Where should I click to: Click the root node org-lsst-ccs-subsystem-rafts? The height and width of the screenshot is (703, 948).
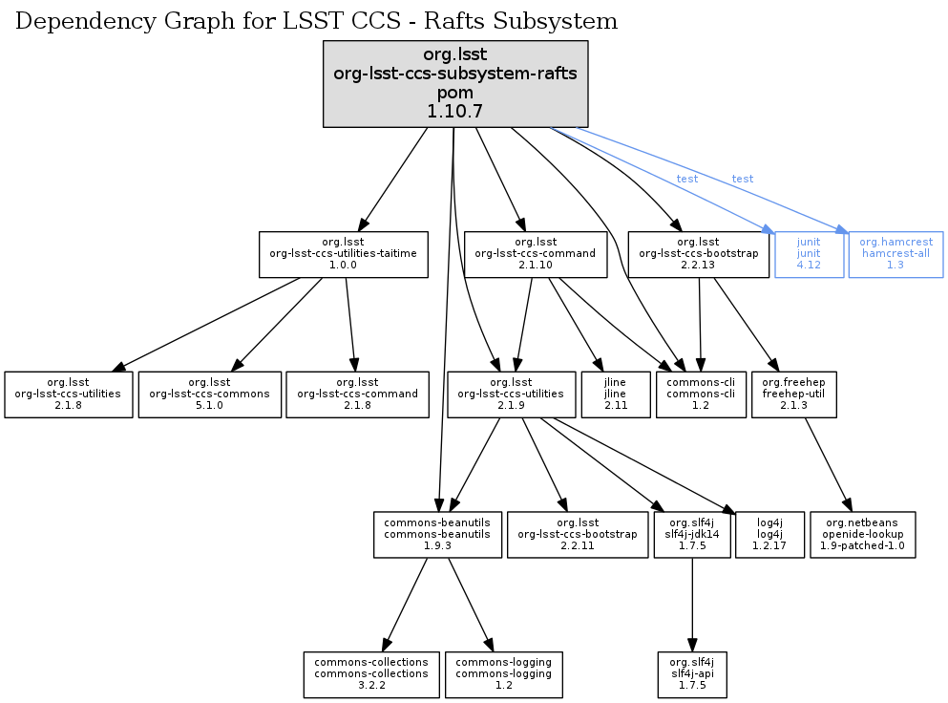pyautogui.click(x=454, y=84)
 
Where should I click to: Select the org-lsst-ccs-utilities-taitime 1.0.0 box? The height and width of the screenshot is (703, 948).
pyautogui.click(x=343, y=254)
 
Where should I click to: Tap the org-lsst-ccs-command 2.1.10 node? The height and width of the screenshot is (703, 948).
pyautogui.click(x=536, y=254)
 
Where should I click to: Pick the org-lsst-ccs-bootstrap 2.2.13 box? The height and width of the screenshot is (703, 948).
pyautogui.click(x=699, y=254)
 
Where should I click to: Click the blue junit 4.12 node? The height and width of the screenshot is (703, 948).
pyautogui.click(x=809, y=254)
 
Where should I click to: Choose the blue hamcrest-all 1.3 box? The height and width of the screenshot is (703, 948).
pyautogui.click(x=895, y=254)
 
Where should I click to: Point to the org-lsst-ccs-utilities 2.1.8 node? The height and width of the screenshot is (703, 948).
pyautogui.click(x=69, y=394)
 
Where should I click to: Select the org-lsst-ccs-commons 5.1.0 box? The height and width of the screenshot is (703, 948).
pyautogui.click(x=210, y=394)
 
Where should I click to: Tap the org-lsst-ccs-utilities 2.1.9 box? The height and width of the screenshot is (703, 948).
pyautogui.click(x=510, y=394)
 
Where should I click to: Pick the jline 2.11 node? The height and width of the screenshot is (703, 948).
pyautogui.click(x=615, y=394)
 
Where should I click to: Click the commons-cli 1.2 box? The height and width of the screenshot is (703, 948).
pyautogui.click(x=701, y=394)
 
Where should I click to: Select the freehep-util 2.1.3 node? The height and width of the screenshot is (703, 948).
pyautogui.click(x=794, y=394)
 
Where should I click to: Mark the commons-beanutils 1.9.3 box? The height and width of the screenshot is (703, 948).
pyautogui.click(x=437, y=535)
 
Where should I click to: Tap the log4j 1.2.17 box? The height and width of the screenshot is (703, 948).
pyautogui.click(x=769, y=535)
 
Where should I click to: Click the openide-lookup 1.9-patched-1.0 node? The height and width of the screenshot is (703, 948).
pyautogui.click(x=862, y=535)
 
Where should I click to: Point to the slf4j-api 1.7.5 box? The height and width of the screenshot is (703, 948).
pyautogui.click(x=691, y=674)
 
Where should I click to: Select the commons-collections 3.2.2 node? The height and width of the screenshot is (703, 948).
pyautogui.click(x=372, y=674)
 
